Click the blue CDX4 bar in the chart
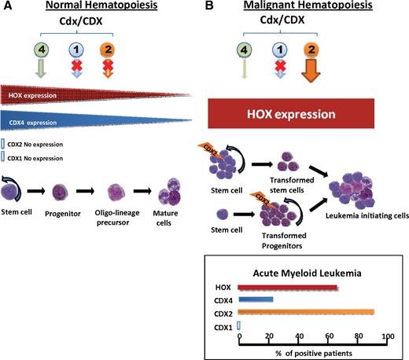(256, 299)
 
